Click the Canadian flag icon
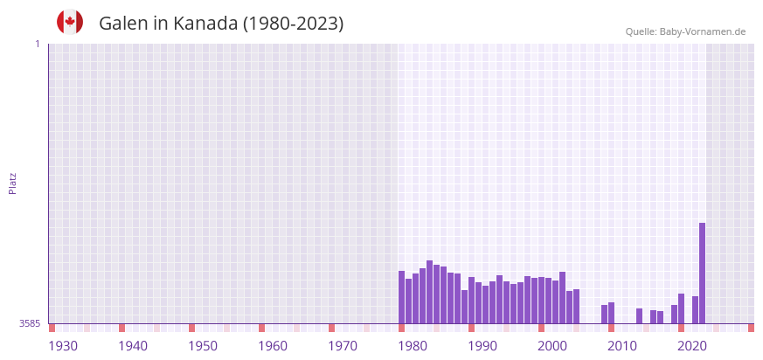[x=70, y=23]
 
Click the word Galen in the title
[x=123, y=24]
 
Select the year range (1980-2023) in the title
[x=292, y=24]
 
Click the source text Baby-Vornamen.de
[x=702, y=31]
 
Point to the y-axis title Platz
[x=13, y=183]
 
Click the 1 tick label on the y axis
[x=37, y=44]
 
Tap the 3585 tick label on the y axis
[x=30, y=323]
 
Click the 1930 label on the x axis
[x=63, y=346]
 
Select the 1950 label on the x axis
[x=203, y=346]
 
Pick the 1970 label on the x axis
[x=343, y=346]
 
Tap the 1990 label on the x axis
[x=482, y=346]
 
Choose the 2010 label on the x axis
[x=622, y=346]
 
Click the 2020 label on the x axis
[x=692, y=346]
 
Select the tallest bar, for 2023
[x=702, y=273]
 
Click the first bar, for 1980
[x=401, y=297]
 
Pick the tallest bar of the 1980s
[x=429, y=292]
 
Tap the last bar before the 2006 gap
[x=576, y=306]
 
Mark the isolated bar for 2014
[x=639, y=315]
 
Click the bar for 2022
[x=695, y=309]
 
